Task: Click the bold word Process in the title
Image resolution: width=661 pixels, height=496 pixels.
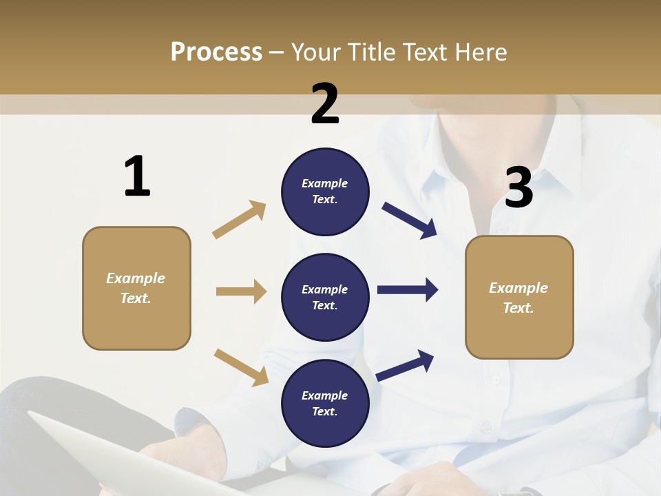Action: point(216,52)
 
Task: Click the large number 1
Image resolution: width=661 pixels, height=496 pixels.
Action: point(137,176)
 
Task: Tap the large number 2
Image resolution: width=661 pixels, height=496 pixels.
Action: point(325,104)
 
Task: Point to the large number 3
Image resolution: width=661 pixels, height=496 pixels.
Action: point(518,187)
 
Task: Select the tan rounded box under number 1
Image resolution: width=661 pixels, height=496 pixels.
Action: point(136,288)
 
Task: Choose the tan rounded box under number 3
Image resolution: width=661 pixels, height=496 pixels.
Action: point(519,297)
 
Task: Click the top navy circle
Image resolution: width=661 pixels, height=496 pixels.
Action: point(325,192)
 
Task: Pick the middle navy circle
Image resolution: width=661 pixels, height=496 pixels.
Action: point(325,297)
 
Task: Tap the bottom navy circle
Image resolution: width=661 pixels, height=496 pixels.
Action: point(325,403)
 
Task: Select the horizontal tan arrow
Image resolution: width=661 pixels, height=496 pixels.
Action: point(241,291)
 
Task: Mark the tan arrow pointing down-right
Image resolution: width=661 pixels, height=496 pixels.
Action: point(241,367)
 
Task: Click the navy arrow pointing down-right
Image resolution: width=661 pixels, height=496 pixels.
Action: point(410,220)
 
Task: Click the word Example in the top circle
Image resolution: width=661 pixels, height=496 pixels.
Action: point(325,183)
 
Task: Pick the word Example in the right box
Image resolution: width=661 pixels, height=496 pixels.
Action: point(518,288)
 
